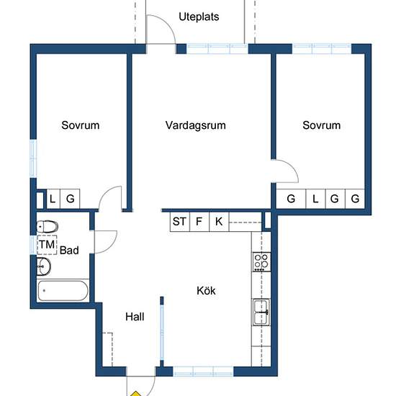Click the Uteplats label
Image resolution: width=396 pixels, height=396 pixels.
point(199,17)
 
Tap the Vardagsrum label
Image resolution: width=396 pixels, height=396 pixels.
point(195,125)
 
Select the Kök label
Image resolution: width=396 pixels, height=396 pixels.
point(206,291)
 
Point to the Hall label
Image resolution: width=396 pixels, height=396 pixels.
point(135,317)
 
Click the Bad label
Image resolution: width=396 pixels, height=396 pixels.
point(69,251)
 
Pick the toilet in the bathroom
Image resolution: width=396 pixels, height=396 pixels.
point(48,227)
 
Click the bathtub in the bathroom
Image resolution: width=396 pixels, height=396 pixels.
point(63,291)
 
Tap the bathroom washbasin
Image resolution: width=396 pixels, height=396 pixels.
point(44,266)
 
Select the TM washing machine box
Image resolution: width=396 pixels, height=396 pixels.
point(47,245)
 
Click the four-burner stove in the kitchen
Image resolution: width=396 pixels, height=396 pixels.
point(261,261)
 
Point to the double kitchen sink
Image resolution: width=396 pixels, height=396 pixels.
point(261,312)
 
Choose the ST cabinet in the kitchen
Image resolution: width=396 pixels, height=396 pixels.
point(180,222)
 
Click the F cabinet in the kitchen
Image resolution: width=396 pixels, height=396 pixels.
point(199,222)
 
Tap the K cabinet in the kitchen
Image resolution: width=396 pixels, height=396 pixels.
point(219,222)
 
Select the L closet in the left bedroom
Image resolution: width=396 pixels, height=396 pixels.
point(53,199)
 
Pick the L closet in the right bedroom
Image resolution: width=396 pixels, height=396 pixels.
point(315,199)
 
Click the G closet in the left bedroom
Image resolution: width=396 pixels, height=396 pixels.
point(70,199)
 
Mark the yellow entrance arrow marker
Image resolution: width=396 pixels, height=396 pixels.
point(136,394)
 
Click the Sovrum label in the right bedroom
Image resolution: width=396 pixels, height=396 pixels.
point(322,125)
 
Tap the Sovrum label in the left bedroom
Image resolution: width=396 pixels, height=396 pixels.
point(81,125)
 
